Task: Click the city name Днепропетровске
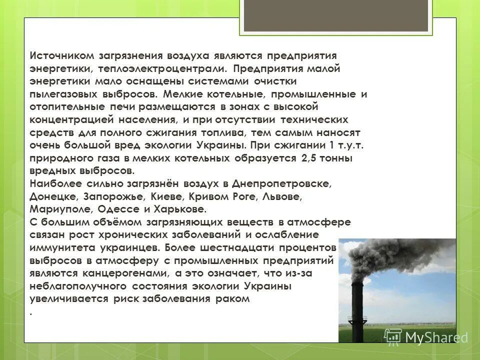[287, 184]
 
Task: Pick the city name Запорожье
[108, 197]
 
